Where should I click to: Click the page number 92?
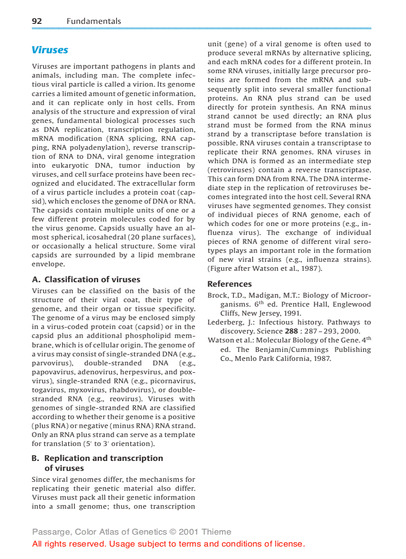coord(36,21)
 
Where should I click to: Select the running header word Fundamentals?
coord(94,21)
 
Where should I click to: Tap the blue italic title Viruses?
coord(50,50)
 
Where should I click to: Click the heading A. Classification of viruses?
coord(86,279)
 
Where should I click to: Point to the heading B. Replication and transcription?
coord(98,458)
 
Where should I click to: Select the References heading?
coord(229,284)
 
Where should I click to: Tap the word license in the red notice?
coord(288,544)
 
